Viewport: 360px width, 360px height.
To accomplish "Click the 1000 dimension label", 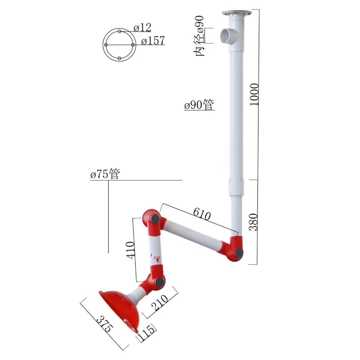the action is click(x=254, y=94).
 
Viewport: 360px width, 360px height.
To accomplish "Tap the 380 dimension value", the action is click(x=254, y=222).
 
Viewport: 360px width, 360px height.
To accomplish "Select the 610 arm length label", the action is click(x=202, y=214).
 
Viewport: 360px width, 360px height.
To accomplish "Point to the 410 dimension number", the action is click(x=130, y=250).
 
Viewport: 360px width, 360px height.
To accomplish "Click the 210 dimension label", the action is click(x=160, y=302).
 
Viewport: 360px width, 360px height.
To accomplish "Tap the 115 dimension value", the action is click(x=146, y=333).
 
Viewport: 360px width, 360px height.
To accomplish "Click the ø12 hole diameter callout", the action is click(x=142, y=28).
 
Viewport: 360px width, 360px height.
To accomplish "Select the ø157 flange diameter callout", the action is click(x=153, y=41).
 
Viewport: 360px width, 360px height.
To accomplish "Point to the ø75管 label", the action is click(x=105, y=174).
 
